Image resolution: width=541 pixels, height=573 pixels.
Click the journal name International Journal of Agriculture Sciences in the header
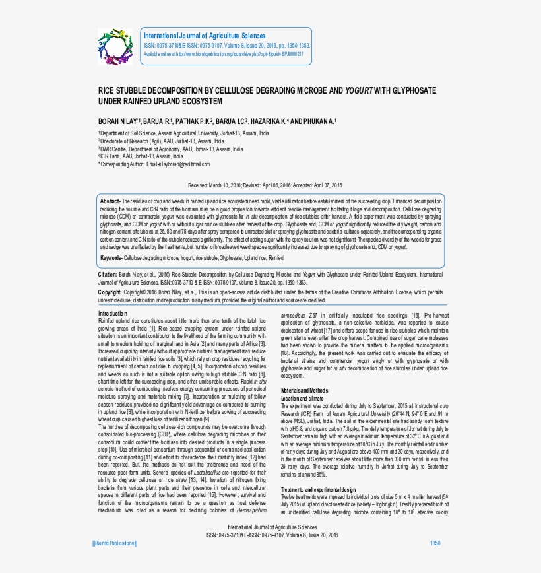(x=205, y=36)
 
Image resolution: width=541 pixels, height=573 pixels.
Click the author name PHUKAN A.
(x=321, y=121)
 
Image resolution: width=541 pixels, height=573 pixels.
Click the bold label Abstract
(x=109, y=200)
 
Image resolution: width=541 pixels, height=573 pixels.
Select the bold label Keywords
(x=111, y=257)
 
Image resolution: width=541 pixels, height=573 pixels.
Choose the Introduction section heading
(x=113, y=312)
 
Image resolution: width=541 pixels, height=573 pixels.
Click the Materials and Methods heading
(x=304, y=391)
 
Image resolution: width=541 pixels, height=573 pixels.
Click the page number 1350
(x=435, y=543)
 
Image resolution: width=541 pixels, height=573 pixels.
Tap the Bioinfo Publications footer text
(x=115, y=543)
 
